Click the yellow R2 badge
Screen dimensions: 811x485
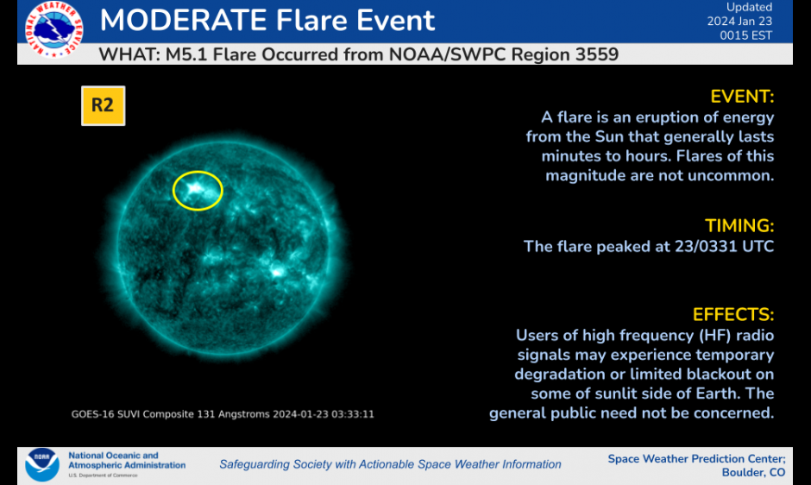click(103, 105)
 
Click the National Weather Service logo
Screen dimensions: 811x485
click(53, 29)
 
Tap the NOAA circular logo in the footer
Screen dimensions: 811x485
click(42, 464)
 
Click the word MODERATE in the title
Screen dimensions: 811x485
click(183, 20)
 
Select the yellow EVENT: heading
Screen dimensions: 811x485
click(742, 97)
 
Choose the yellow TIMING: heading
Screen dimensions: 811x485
click(739, 226)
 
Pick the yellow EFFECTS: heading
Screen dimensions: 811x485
click(733, 315)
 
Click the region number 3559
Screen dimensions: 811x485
click(594, 54)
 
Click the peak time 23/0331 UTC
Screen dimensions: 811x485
click(724, 246)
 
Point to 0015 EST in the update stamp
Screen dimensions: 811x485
click(745, 35)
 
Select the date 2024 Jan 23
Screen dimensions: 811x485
click(739, 22)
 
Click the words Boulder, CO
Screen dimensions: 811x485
click(753, 473)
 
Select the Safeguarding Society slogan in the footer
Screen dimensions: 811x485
click(391, 464)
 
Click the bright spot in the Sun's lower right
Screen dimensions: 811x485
click(277, 271)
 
